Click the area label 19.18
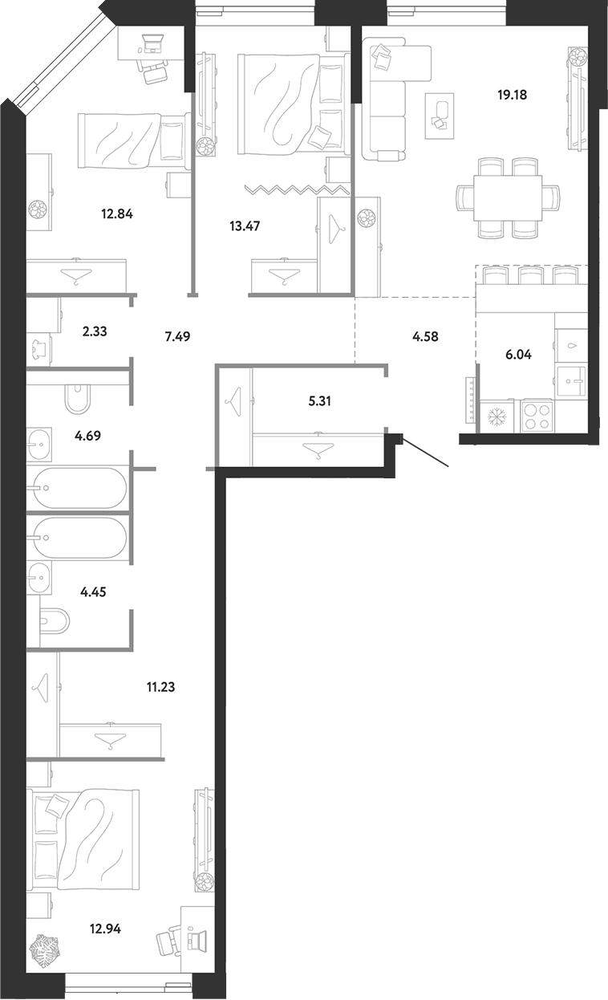(512, 95)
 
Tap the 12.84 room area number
(117, 214)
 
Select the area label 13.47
(245, 226)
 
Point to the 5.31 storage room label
(319, 401)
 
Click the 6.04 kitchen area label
(518, 355)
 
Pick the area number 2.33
(95, 331)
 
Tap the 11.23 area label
(160, 687)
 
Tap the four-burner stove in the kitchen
(537, 416)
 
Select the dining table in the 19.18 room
(508, 197)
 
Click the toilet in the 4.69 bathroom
(78, 398)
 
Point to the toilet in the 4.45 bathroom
(55, 620)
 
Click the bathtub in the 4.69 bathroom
(76, 488)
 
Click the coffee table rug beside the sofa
(440, 116)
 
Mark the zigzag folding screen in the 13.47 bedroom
(298, 189)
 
